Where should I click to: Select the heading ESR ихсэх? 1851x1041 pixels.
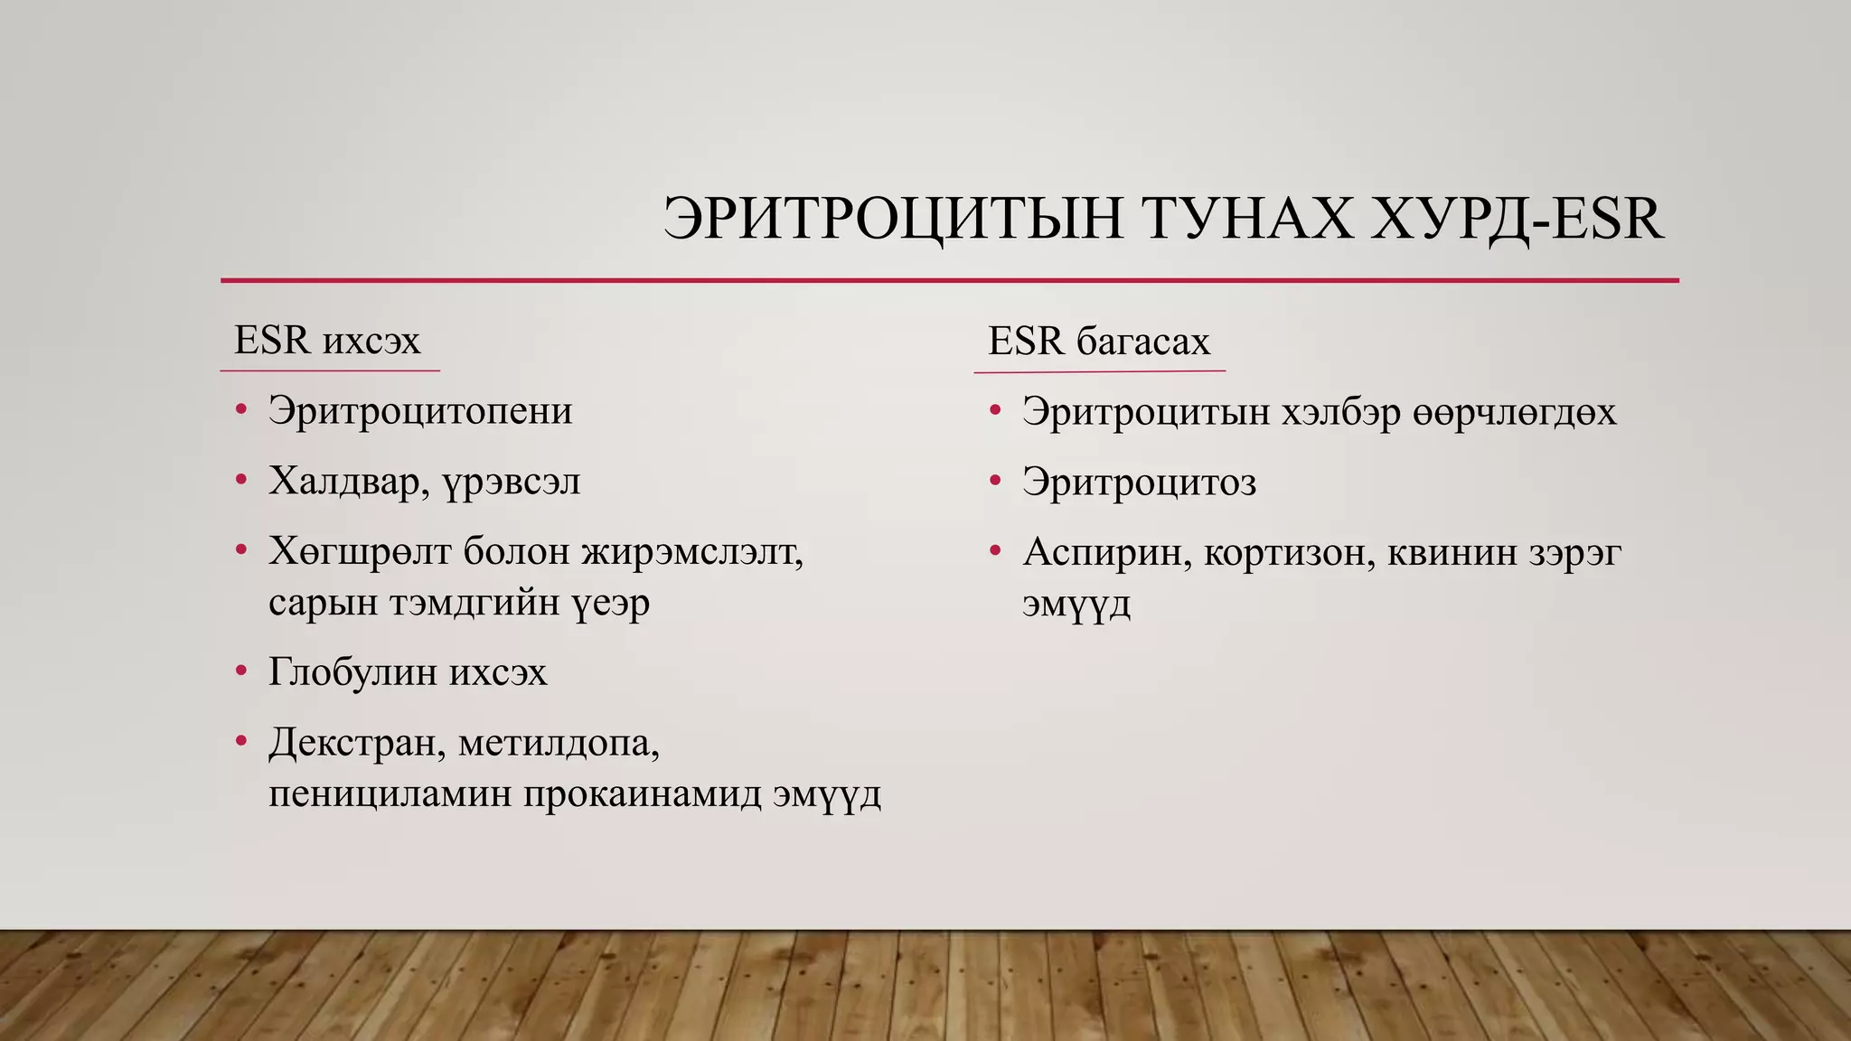click(327, 341)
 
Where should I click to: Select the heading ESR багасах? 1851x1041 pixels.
click(1098, 342)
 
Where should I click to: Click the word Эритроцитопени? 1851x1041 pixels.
click(420, 411)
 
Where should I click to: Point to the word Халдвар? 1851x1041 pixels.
click(349, 482)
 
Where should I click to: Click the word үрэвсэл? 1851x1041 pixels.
click(512, 482)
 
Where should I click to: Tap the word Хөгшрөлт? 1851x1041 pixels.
click(359, 551)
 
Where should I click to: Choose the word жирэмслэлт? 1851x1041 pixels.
click(692, 551)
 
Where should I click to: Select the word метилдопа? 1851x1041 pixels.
click(559, 743)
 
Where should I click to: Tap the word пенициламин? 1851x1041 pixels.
click(390, 794)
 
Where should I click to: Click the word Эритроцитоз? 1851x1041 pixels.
click(1139, 483)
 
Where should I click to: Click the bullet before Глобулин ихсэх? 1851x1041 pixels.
click(240, 671)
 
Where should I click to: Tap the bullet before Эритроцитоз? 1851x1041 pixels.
click(995, 481)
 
